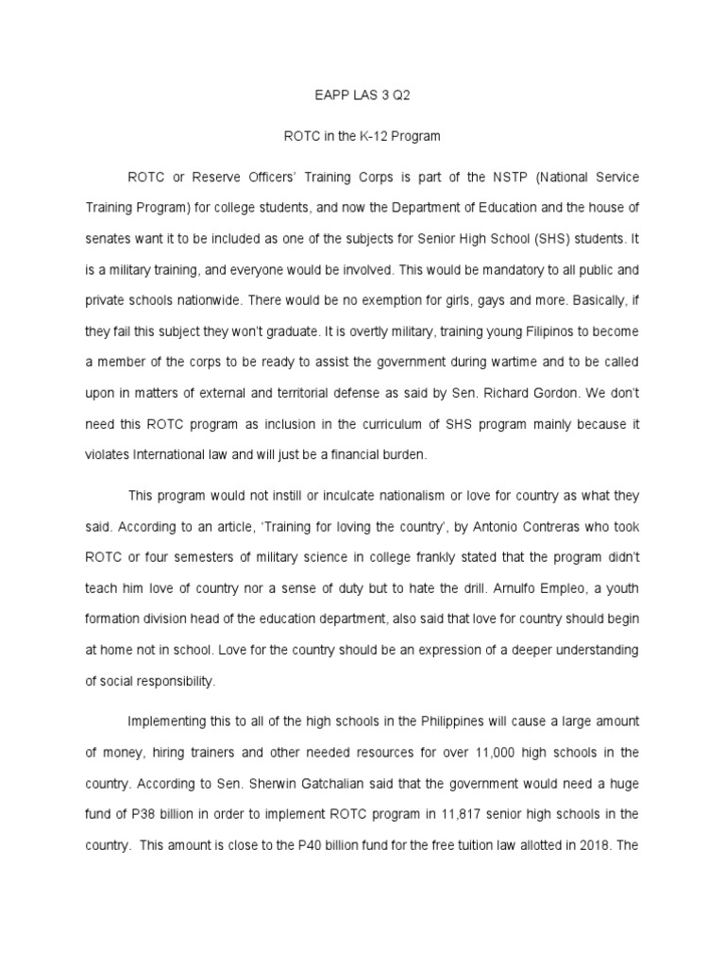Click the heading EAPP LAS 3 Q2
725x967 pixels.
tap(362, 94)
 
